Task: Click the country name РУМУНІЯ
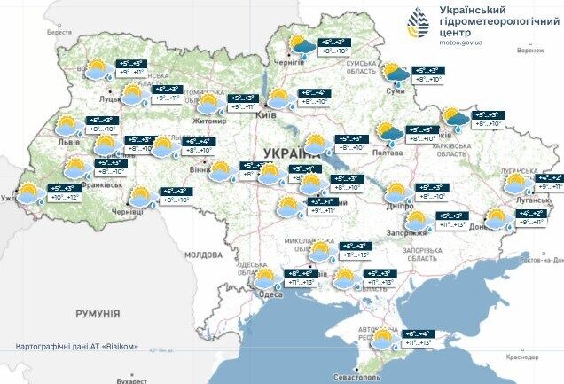[x=98, y=314]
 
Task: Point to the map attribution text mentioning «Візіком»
[x=76, y=346]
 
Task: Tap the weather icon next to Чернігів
[x=300, y=47]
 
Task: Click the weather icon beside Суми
[x=394, y=74]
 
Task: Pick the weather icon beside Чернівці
[x=140, y=197]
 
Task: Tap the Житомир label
[x=211, y=123]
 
